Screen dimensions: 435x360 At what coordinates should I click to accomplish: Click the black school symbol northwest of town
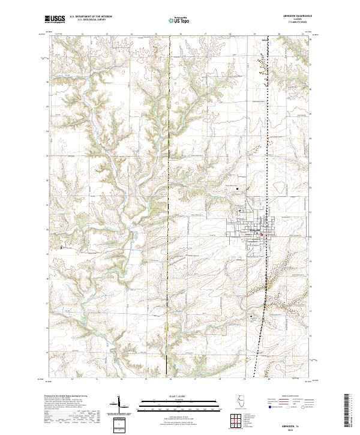(x=238, y=190)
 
